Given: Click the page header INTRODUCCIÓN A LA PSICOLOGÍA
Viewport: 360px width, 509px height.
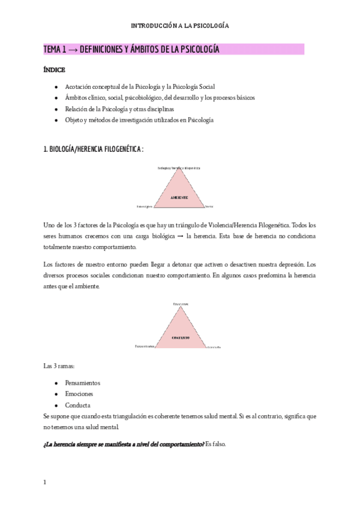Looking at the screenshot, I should pos(180,26).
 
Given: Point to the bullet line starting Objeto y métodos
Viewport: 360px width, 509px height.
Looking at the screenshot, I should pos(139,120).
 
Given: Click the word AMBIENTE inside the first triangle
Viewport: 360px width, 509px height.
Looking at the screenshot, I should pos(179,197).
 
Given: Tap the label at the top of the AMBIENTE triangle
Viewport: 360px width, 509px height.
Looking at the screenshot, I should pos(179,167).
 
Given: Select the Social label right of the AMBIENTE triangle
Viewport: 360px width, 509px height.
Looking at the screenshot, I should pos(209,206).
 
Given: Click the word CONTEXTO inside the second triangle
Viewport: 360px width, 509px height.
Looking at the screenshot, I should pos(179,338).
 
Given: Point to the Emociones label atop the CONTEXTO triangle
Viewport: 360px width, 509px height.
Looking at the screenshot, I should pos(181,305).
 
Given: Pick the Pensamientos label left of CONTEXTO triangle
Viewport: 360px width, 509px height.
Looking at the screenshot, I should pos(145,346).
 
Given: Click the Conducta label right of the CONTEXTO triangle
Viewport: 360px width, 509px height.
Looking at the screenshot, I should pos(215,347).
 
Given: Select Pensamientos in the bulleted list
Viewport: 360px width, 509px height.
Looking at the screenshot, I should pos(82,382).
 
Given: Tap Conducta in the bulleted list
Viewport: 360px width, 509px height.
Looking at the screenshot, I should pos(77,405).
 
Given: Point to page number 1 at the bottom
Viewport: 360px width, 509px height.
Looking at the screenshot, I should pos(45,481).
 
